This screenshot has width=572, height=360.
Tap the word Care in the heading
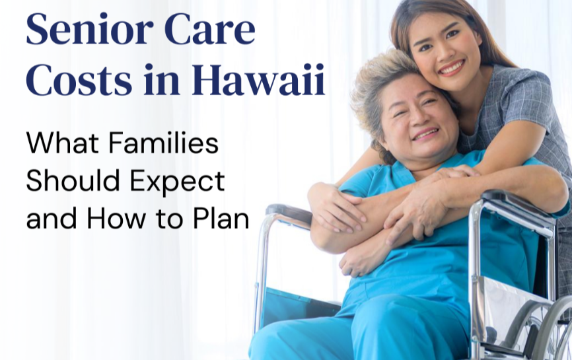click(209, 29)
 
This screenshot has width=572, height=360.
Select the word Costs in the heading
click(79, 79)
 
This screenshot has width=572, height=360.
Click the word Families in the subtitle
click(163, 143)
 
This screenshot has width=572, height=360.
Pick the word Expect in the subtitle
click(178, 180)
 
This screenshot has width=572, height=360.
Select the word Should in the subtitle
click(73, 180)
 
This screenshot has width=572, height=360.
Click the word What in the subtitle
click(62, 143)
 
